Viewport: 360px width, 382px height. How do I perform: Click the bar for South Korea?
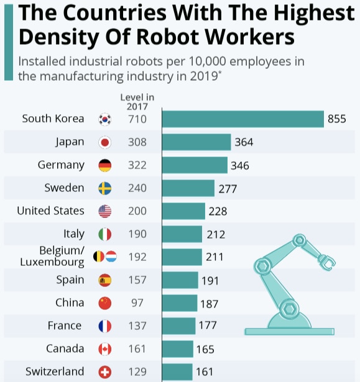pyautogui.click(x=242, y=119)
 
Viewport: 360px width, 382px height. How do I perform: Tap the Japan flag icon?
pyautogui.click(x=105, y=142)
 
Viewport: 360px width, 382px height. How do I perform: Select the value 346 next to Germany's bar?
pyautogui.click(x=239, y=166)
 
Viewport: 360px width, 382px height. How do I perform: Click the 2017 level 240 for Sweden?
pyautogui.click(x=137, y=188)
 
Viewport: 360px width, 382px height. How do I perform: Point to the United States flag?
pyautogui.click(x=105, y=211)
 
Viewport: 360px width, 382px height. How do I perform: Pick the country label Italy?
pyautogui.click(x=74, y=234)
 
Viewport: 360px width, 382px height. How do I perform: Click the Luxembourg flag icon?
pyautogui.click(x=111, y=256)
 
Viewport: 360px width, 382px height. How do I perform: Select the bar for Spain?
pyautogui.click(x=180, y=280)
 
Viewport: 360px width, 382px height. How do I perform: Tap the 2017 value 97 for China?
pyautogui.click(x=137, y=302)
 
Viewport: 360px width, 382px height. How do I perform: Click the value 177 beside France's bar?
pyautogui.click(x=208, y=326)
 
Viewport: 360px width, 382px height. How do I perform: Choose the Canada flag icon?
pyautogui.click(x=105, y=349)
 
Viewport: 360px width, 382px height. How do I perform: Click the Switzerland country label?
pyautogui.click(x=55, y=371)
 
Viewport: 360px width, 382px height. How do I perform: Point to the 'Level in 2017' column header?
pyautogui.click(x=137, y=101)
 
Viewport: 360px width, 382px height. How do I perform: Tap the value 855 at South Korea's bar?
pyautogui.click(x=336, y=119)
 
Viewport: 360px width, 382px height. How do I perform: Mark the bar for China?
pyautogui.click(x=179, y=303)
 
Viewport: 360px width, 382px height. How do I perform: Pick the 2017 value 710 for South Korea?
pyautogui.click(x=137, y=119)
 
